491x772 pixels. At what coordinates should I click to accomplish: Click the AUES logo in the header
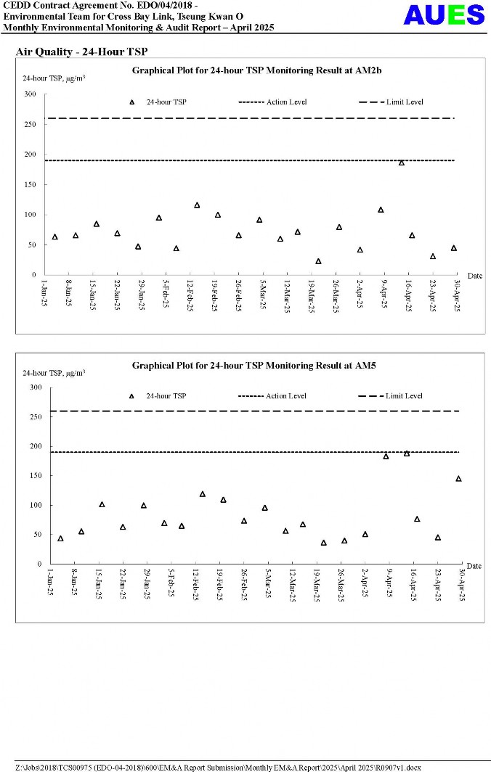click(x=443, y=15)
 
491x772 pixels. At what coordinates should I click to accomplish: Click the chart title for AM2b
click(x=256, y=70)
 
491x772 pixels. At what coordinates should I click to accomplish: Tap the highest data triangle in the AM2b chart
click(x=401, y=163)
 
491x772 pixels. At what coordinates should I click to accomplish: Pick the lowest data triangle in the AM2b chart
click(x=318, y=261)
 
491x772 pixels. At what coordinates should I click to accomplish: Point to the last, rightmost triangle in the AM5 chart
click(x=458, y=479)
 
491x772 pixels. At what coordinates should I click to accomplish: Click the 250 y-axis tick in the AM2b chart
click(x=30, y=124)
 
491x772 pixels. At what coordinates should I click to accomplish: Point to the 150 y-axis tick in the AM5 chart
click(x=36, y=476)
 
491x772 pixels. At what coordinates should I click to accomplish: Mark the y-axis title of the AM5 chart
click(x=53, y=373)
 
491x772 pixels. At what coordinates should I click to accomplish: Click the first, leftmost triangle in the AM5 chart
click(x=60, y=538)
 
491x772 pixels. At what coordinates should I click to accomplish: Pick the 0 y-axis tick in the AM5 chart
click(x=40, y=564)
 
